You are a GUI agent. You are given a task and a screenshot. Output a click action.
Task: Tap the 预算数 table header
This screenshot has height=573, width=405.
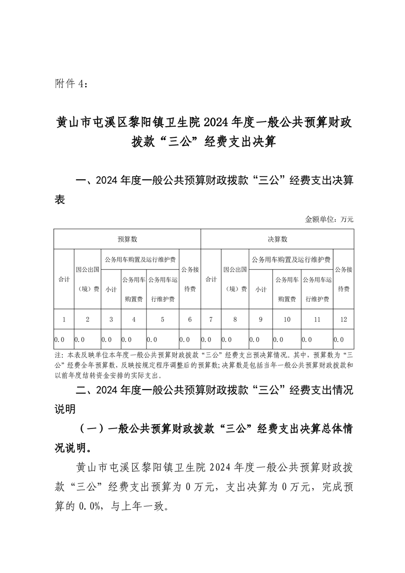point(127,239)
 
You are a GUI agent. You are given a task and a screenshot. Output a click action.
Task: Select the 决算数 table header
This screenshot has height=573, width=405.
point(277,239)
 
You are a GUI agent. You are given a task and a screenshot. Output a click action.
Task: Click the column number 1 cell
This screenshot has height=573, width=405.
point(64,320)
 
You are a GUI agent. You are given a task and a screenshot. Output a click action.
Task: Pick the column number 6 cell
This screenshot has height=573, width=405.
point(190,320)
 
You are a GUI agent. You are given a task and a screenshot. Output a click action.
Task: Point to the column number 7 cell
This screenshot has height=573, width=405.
point(210,320)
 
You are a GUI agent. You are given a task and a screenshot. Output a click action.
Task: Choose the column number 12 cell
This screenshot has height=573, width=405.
point(343,320)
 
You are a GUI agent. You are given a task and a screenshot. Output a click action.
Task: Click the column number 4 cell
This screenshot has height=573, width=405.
point(133,320)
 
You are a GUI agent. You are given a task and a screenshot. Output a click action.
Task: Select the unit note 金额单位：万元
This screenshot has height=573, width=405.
point(329,220)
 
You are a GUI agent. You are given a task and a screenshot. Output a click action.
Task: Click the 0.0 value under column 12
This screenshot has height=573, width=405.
point(339,339)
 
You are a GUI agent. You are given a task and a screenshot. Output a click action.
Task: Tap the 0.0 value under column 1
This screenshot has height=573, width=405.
point(59,339)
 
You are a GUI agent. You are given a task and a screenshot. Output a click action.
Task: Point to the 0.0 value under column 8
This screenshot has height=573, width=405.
point(227,339)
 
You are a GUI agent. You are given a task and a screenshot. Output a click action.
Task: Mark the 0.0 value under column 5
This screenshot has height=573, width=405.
point(152,339)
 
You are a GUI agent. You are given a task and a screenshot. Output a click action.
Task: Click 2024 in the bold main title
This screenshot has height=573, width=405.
point(217,123)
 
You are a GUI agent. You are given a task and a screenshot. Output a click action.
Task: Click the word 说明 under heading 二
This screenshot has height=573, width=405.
point(65,409)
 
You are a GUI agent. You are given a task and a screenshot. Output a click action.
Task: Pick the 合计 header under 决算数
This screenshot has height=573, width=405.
point(210,279)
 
